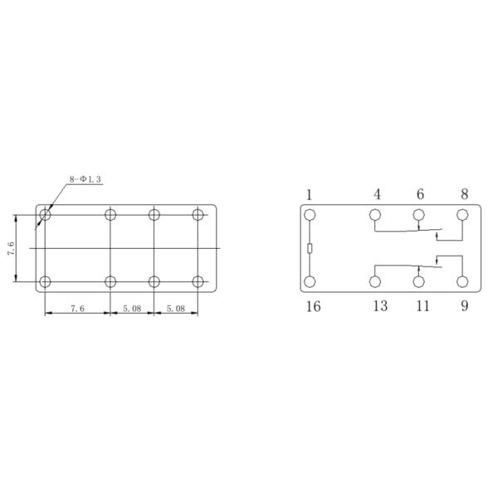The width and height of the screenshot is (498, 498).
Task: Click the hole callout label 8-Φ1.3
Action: (85, 179)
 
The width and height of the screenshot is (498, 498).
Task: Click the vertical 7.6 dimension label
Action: (11, 249)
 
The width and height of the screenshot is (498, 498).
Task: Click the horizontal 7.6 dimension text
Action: (77, 309)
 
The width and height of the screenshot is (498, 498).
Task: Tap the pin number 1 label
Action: (309, 195)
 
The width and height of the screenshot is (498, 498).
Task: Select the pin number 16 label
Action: (313, 306)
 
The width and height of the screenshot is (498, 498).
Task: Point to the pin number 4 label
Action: (377, 194)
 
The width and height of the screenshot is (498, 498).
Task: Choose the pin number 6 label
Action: (420, 194)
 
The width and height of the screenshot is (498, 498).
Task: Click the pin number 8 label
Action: (464, 194)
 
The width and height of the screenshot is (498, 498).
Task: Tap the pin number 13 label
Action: (380, 306)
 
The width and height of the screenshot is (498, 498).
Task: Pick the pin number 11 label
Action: (422, 306)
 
